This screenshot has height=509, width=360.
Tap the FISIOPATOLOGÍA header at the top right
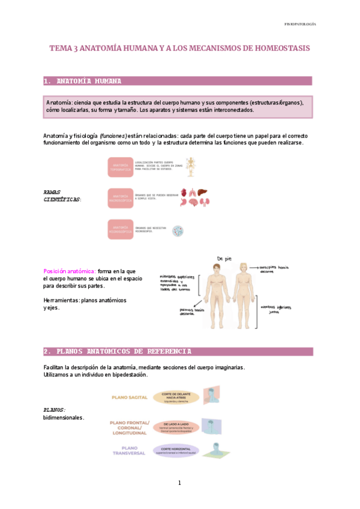(x=300, y=24)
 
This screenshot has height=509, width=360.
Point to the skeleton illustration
(x=190, y=166)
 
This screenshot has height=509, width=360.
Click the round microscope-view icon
(x=178, y=230)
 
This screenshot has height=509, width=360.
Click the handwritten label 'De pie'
(x=223, y=258)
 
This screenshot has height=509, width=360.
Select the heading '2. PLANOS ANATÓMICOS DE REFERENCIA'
(x=118, y=351)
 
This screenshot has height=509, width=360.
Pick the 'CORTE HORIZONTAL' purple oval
(x=175, y=450)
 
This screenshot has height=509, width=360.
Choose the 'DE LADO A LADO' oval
(x=175, y=426)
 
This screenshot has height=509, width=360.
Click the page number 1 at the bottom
(x=179, y=483)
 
